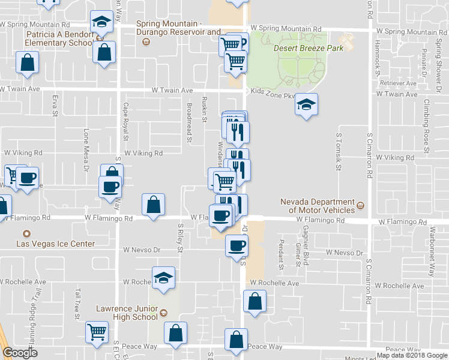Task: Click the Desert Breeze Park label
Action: pos(309,48)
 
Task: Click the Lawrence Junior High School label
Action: pos(127,313)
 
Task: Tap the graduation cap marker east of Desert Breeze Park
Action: pos(306,105)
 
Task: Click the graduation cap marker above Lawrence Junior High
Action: pos(163,277)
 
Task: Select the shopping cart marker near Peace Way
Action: pos(97,332)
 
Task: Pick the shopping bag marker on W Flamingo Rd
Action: pos(154,205)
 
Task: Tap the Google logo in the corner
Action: pos(20,353)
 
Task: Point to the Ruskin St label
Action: pos(204,110)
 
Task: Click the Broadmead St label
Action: pos(189,123)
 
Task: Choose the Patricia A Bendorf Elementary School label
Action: pos(59,39)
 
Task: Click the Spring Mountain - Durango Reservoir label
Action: pos(179,28)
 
